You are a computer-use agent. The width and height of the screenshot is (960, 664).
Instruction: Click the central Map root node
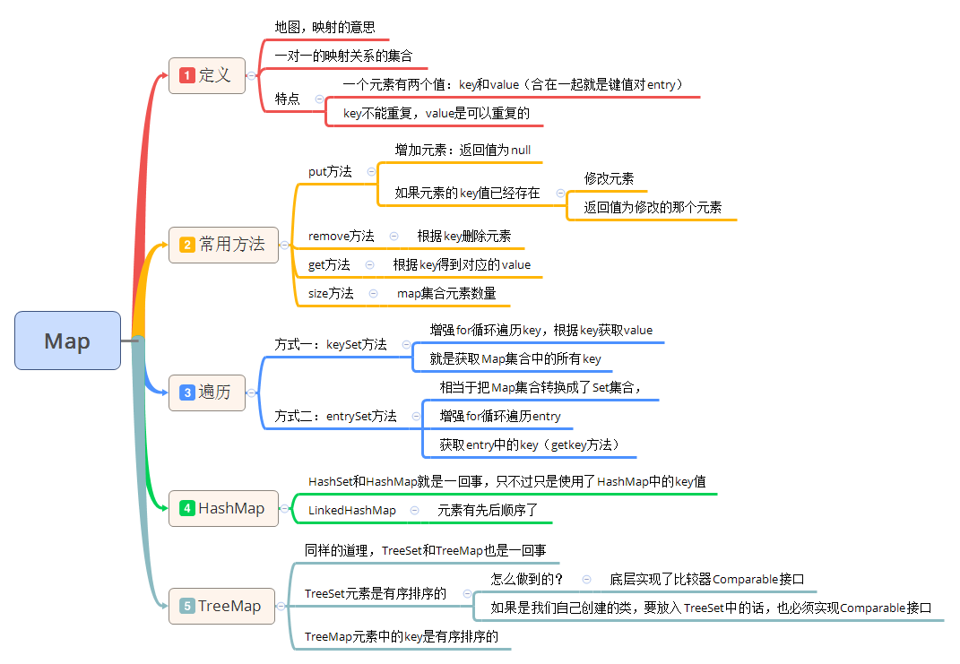coord(67,341)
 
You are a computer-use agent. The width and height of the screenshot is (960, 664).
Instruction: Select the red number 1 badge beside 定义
coord(186,75)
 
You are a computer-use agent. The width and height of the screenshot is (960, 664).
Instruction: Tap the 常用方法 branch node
coord(223,244)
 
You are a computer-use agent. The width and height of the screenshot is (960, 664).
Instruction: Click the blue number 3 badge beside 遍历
coord(186,392)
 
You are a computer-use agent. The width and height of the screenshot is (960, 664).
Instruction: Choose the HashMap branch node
coord(223,508)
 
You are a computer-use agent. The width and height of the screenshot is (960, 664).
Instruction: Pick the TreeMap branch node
coord(223,606)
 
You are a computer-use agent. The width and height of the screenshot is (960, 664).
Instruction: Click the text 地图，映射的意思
coord(324,27)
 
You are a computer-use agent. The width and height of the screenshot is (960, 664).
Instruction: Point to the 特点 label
coord(288,99)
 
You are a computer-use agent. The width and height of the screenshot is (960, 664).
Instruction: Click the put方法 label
coord(330,171)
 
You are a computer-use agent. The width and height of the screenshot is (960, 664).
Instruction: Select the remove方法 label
coord(342,236)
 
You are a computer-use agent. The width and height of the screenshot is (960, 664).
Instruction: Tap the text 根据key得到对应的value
coord(462,264)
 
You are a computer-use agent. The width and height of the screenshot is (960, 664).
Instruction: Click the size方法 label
coord(331,293)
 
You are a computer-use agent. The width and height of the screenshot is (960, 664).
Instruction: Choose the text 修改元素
coord(610,178)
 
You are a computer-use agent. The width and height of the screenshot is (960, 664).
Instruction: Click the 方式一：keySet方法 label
coord(331,344)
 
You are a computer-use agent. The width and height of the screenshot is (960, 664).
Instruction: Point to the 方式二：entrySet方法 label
coord(335,416)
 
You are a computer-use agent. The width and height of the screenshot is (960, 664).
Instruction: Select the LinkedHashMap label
coord(352,510)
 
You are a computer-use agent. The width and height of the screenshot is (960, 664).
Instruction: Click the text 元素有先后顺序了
coord(488,510)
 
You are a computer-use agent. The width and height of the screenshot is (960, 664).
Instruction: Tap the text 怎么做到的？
coord(527,579)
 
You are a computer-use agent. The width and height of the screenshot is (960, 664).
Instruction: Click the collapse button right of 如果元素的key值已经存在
coord(560,193)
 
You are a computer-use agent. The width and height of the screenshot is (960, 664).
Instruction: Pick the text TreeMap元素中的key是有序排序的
coord(402,636)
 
